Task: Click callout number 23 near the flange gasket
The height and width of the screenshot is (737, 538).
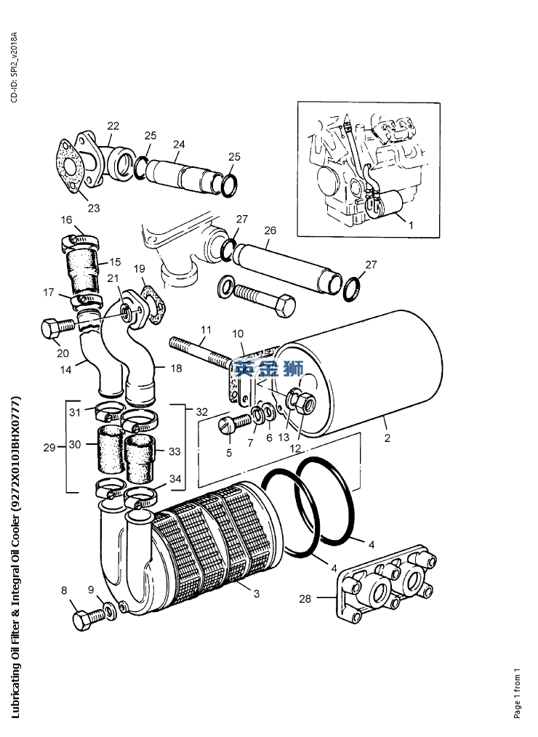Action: [x=94, y=208]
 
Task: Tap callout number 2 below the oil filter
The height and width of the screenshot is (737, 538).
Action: [x=387, y=438]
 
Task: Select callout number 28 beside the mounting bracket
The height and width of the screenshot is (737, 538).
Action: [x=305, y=598]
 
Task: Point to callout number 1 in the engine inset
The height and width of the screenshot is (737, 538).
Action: [x=411, y=225]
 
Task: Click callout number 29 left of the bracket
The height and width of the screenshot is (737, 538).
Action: [x=49, y=448]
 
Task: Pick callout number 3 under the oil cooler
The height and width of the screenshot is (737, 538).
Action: [x=257, y=594]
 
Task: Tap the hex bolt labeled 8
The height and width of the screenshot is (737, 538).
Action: [x=89, y=619]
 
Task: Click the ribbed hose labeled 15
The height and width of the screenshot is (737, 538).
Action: [x=82, y=272]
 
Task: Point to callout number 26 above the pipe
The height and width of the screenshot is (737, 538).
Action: [x=270, y=230]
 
